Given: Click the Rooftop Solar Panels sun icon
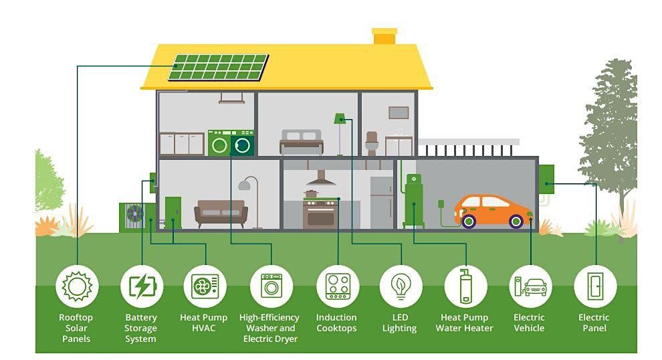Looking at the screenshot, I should click(77, 286).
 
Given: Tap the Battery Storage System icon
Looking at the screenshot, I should click(142, 286).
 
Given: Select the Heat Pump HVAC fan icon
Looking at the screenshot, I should click(205, 286).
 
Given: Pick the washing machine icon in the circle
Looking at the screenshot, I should click(271, 286).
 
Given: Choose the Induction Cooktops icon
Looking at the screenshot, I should click(337, 286).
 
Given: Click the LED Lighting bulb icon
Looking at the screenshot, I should click(401, 286).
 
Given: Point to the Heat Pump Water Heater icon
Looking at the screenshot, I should click(465, 286).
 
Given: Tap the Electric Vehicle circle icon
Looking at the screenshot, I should click(530, 286).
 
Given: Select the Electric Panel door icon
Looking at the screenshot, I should click(594, 286).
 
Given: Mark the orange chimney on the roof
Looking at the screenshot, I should click(384, 36).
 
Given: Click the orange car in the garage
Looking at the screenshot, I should click(493, 210).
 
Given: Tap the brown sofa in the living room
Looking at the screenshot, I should click(221, 212).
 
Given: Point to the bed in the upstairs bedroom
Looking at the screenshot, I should click(301, 142).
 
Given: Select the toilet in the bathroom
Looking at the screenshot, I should click(372, 143).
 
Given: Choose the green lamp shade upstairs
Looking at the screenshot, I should click(340, 118).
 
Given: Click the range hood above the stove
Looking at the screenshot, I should click(321, 179).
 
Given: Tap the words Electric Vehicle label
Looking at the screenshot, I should click(529, 323).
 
